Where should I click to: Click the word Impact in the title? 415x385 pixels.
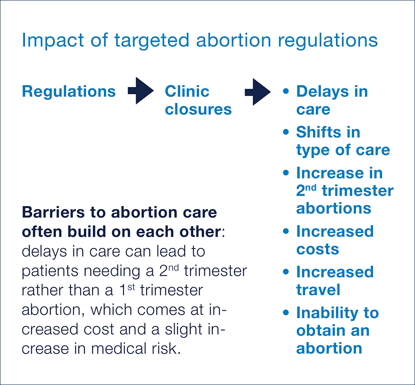53,41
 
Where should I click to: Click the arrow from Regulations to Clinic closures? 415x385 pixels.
141,91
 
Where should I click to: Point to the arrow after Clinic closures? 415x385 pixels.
258,92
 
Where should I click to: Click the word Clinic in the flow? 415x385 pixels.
187,91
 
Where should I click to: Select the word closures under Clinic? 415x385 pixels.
198,109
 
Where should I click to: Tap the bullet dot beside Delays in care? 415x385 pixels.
286,91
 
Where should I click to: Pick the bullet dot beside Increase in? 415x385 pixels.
286,173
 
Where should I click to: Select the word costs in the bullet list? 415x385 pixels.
318,249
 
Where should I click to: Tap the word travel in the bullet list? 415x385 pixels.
318,289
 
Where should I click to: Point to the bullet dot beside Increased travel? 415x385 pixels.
286,272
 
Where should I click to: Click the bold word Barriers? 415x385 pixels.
53,212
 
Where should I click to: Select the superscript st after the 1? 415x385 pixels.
131,287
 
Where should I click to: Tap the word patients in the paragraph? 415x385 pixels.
50,272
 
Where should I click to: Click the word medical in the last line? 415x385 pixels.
119,348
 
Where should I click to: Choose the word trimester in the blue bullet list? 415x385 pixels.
358,191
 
